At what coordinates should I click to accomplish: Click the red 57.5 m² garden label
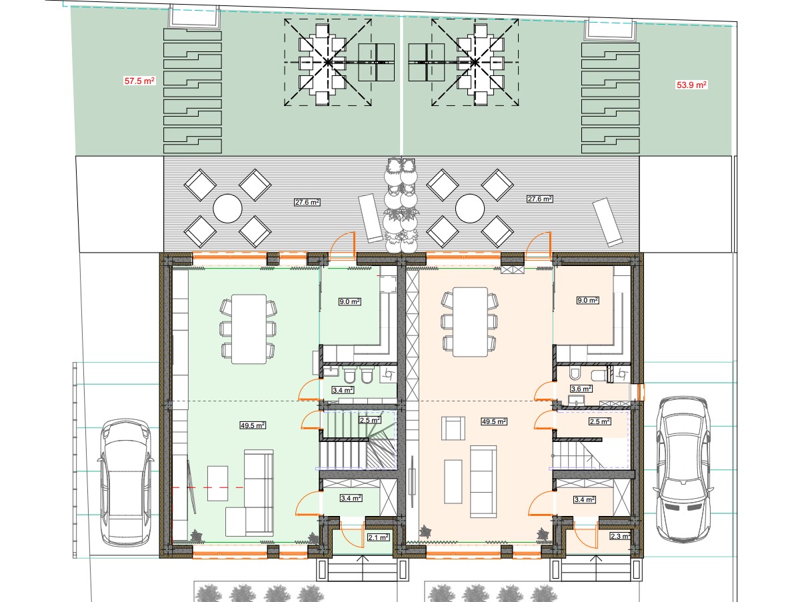point(139,81)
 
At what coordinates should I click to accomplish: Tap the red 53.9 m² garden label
point(691,85)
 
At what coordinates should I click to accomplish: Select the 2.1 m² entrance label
point(379,537)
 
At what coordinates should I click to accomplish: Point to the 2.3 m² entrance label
point(621,537)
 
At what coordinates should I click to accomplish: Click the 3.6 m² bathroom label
point(581,389)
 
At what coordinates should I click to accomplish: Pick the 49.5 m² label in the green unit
point(253,425)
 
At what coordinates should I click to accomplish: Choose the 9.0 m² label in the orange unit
point(588,300)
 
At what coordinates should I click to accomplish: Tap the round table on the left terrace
point(227,209)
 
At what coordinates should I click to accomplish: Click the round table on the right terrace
point(470,209)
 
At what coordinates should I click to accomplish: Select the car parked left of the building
point(125,483)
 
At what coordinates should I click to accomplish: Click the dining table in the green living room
point(249,329)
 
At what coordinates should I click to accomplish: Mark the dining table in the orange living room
point(470,322)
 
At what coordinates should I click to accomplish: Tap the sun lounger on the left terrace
point(371,218)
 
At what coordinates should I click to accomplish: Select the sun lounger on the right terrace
point(607,222)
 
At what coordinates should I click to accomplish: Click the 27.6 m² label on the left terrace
point(307,202)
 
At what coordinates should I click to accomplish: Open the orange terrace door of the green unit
point(343,246)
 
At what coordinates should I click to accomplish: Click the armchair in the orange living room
point(453,428)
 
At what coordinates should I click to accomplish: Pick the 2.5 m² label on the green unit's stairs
point(370,420)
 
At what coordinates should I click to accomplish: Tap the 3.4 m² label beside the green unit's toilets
point(343,391)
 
